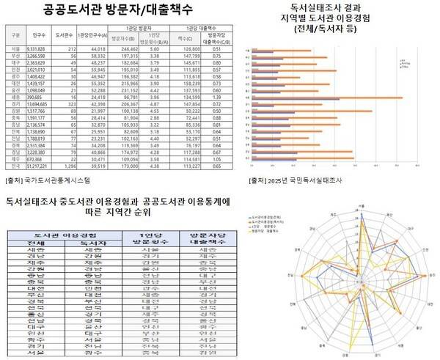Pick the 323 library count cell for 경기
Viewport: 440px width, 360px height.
click(72, 126)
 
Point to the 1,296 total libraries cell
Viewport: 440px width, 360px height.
click(72, 166)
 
